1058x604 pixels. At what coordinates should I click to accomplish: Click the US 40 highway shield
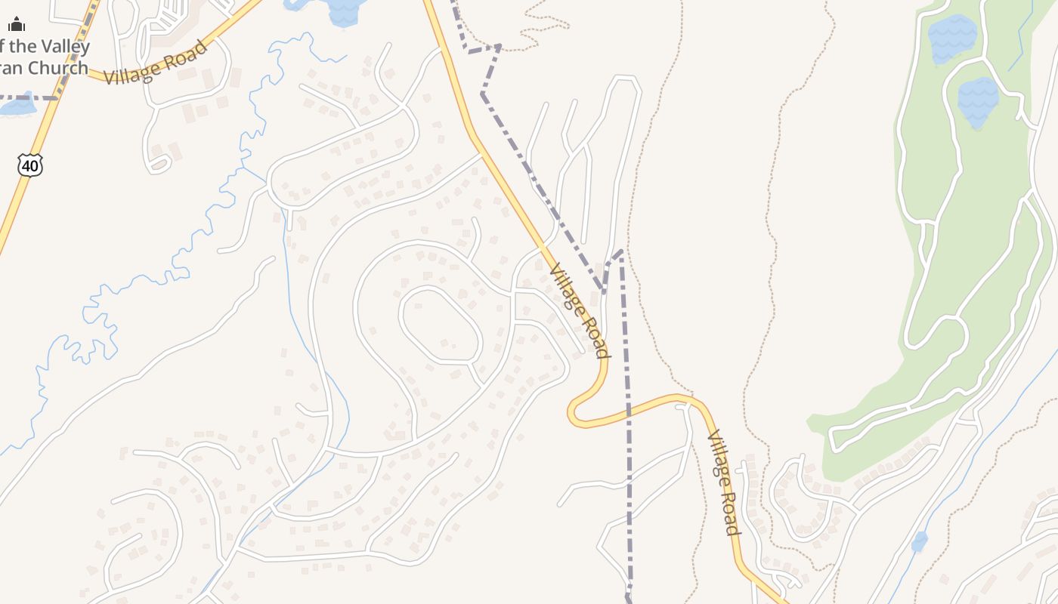pos(30,165)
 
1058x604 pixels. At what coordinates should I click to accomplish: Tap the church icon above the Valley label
pos(17,25)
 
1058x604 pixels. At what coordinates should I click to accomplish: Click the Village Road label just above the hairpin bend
pos(579,310)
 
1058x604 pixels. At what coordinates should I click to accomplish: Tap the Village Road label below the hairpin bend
pos(722,483)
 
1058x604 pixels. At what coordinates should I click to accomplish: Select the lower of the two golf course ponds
pos(978,102)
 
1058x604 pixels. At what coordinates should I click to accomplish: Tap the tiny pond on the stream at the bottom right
pos(919,541)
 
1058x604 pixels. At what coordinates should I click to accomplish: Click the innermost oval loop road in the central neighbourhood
pos(441,325)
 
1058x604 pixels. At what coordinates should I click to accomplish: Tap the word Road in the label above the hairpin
pos(592,333)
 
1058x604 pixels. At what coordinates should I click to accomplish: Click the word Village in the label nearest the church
pos(130,74)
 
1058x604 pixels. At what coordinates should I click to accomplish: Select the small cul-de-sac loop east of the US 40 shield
pos(159,164)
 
